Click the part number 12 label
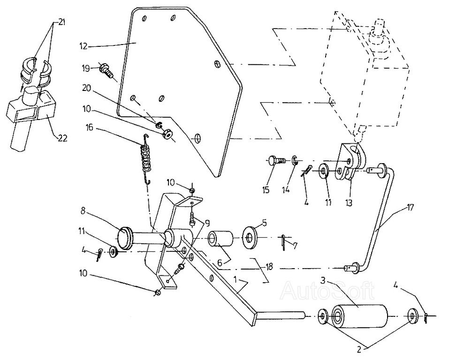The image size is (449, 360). (x=84, y=46)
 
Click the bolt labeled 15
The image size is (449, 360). (x=275, y=161)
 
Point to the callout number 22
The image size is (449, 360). (x=62, y=137)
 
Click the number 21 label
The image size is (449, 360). (x=61, y=23)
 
